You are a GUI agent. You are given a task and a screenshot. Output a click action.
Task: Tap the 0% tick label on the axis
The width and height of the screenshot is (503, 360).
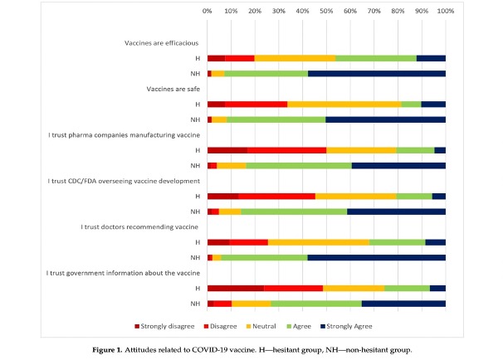click(x=207, y=12)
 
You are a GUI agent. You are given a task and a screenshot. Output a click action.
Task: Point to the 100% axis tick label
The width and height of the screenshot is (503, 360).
click(x=445, y=12)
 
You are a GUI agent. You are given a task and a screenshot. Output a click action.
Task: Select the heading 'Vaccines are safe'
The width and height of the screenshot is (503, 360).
click(x=170, y=89)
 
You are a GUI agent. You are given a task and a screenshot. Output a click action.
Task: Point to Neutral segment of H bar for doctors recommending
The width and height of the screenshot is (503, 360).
click(x=318, y=242)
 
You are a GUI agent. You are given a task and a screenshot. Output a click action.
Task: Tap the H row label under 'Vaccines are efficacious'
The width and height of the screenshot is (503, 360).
click(x=196, y=58)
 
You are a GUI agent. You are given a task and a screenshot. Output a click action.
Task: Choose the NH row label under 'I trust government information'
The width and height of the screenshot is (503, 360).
click(x=194, y=304)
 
